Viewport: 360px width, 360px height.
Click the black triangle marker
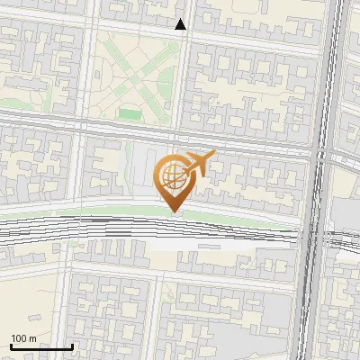[x=181, y=25]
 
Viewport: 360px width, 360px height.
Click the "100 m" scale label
[x=23, y=338]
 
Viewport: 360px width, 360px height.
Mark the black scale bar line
[x=40, y=346]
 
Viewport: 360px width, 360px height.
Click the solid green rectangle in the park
[x=130, y=114]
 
